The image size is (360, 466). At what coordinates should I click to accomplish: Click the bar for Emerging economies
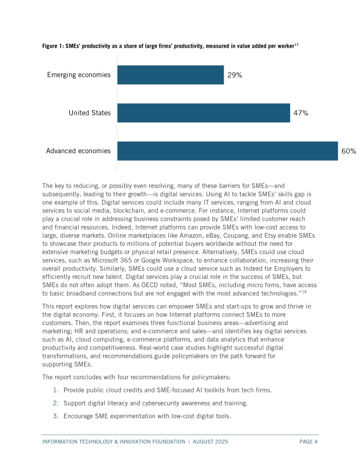(170, 75)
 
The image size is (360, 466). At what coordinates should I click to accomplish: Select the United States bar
(203, 113)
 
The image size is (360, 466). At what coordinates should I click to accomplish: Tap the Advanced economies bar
(227, 151)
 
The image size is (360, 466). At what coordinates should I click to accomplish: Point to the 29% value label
(235, 75)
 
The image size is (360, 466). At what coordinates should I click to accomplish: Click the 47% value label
(301, 113)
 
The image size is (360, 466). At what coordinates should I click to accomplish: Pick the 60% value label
(348, 151)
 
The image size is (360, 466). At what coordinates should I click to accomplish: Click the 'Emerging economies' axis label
(79, 75)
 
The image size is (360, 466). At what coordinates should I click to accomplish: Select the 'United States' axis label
(89, 113)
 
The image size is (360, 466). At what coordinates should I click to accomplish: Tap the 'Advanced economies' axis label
(78, 151)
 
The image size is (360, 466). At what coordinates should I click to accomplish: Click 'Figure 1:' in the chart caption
(53, 46)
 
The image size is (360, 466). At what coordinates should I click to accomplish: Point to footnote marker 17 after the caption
(298, 44)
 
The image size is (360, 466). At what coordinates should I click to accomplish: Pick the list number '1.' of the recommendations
(56, 390)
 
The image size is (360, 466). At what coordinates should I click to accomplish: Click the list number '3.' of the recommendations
(56, 416)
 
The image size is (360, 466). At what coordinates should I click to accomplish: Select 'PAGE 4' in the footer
(309, 442)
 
